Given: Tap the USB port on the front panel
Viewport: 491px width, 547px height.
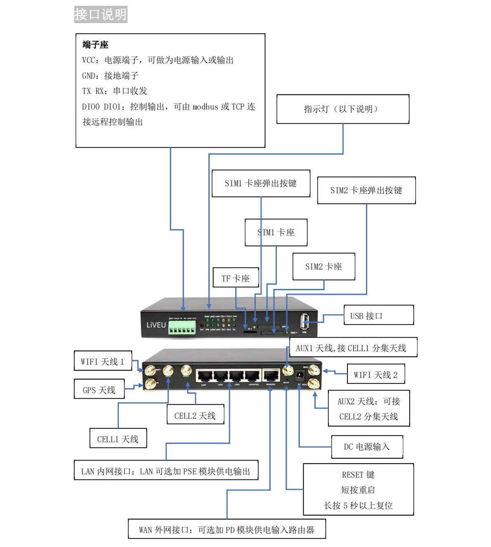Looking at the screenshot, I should (305, 321).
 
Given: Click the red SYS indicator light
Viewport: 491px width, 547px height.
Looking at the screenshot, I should (202, 326).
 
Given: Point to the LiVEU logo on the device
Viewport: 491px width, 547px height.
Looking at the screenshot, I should (156, 325).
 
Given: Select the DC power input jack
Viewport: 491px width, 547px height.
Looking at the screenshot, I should (300, 376).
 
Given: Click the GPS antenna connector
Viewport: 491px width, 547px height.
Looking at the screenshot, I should (150, 385).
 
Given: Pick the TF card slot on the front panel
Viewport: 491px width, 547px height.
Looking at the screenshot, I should (247, 331).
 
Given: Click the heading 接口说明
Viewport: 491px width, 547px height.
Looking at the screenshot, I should (100, 14).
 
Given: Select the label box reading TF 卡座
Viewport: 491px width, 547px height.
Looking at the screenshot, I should (236, 278).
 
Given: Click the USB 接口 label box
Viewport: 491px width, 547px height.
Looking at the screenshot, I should (378, 316).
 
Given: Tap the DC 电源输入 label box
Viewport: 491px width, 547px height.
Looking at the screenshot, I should (367, 447).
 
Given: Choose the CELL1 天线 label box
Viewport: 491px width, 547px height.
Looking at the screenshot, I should (118, 439).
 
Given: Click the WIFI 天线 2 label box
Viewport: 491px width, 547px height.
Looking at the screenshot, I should (375, 375).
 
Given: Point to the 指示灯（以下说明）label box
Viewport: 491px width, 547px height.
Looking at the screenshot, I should (342, 109).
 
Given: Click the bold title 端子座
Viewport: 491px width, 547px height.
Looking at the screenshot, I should (95, 45).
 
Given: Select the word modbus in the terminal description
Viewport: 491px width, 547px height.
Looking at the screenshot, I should (205, 107).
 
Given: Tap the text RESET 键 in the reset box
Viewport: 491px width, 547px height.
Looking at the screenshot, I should (358, 474).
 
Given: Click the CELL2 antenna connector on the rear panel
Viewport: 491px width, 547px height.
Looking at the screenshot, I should (186, 371).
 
